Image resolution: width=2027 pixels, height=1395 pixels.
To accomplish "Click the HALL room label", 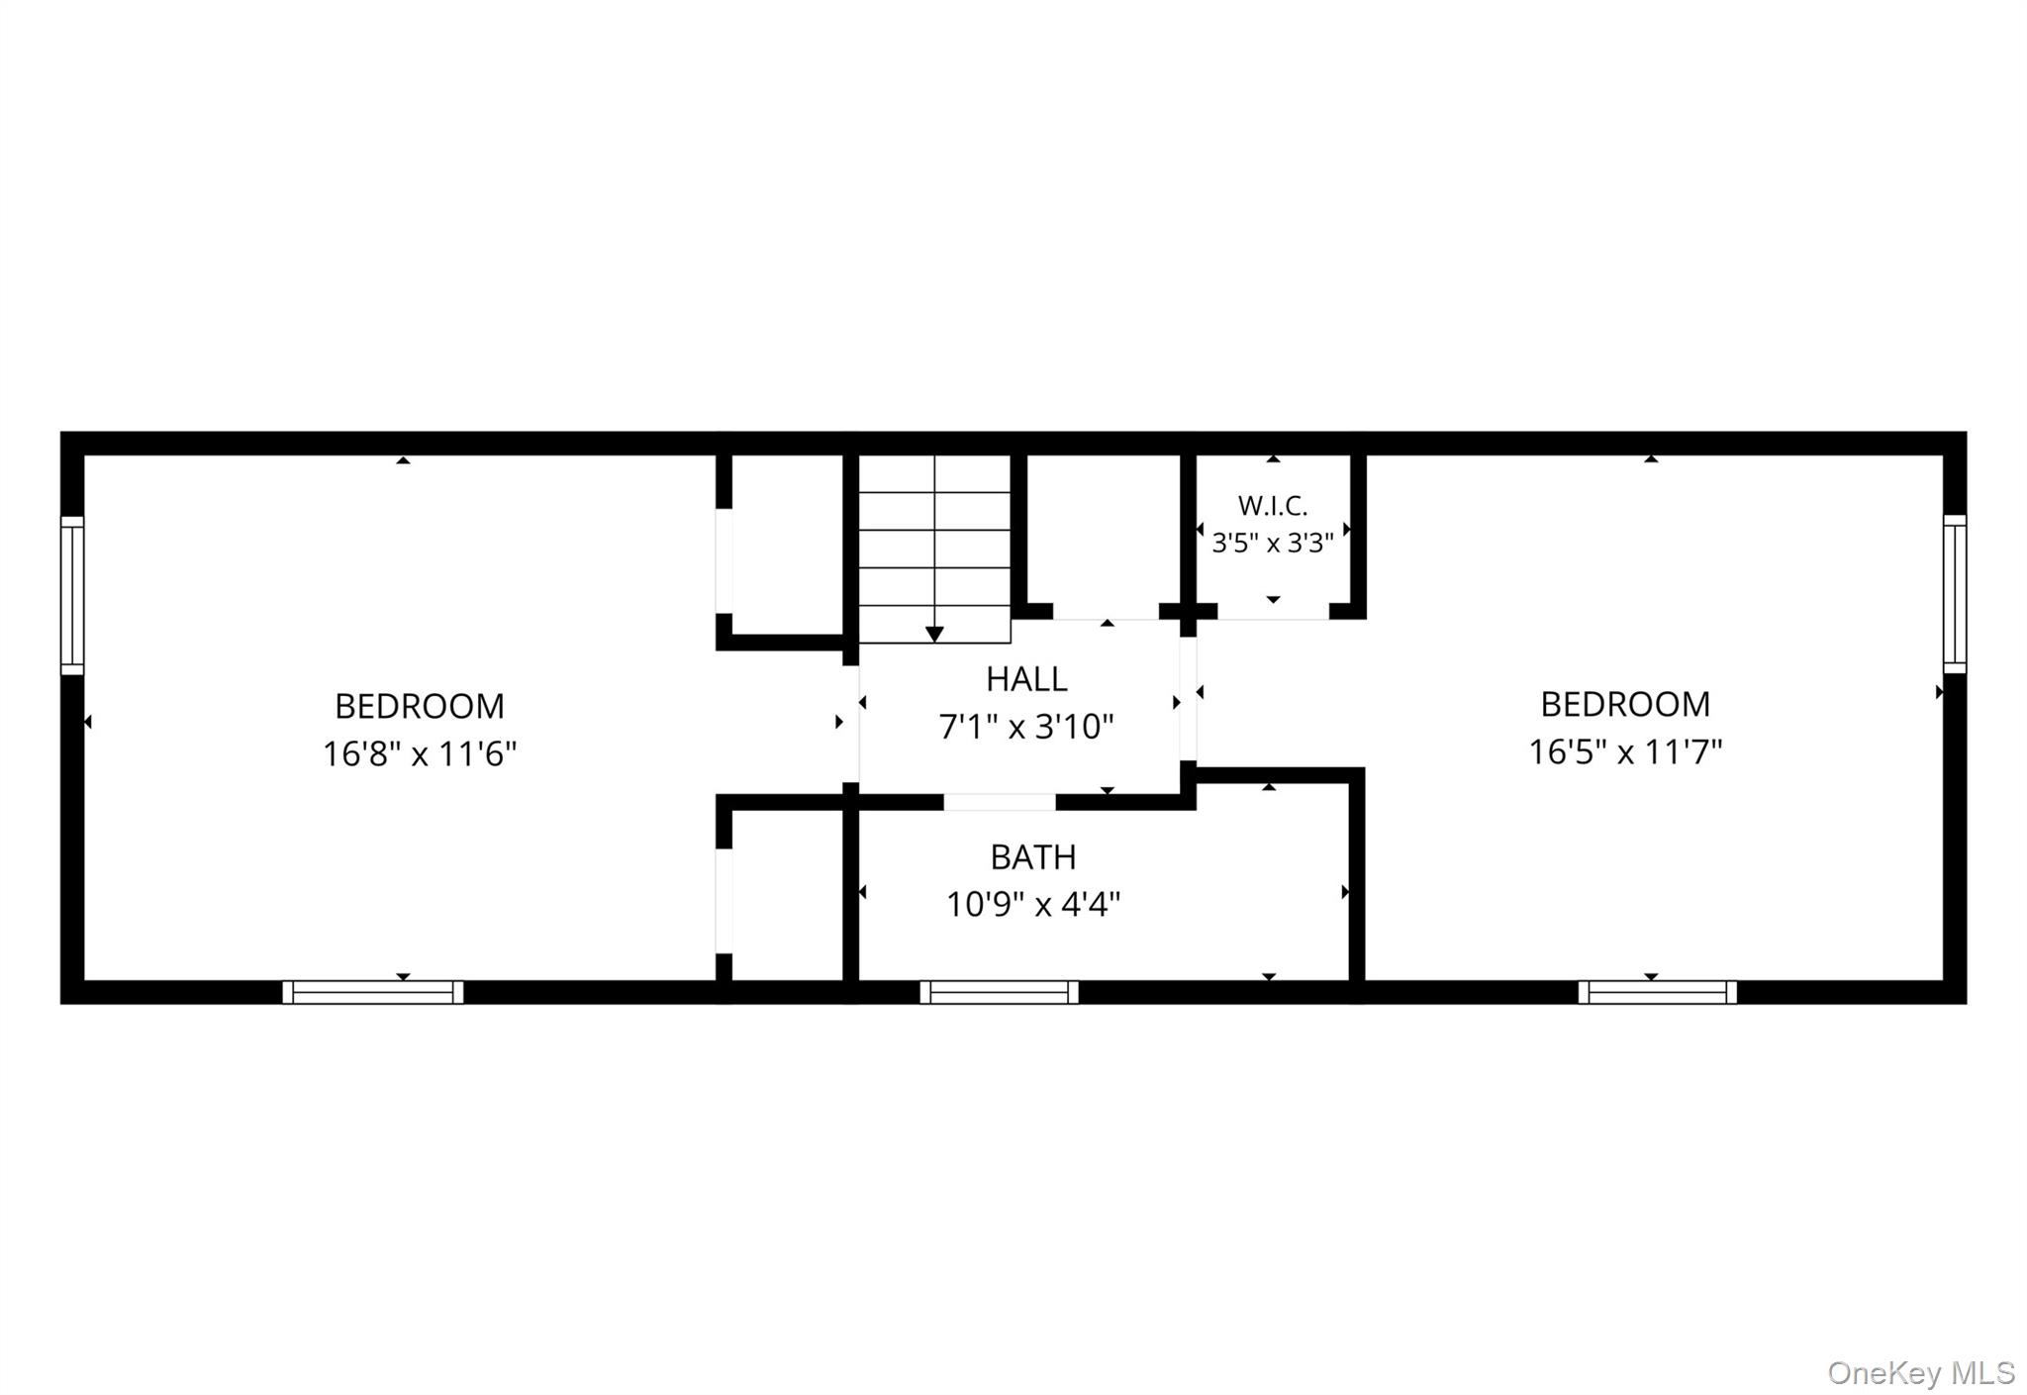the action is [1026, 679].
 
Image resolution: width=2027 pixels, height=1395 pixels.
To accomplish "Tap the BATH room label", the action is [1033, 857].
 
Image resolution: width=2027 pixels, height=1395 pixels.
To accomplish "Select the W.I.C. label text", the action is [1273, 506].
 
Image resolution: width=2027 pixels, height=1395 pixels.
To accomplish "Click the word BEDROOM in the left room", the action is [420, 707].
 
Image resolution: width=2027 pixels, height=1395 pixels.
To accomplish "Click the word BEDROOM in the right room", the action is [1625, 705].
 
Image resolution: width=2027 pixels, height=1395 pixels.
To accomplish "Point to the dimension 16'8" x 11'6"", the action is [420, 754].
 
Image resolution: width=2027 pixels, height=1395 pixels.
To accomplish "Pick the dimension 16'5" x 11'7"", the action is [1625, 752].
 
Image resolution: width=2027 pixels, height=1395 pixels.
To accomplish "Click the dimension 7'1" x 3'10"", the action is [1026, 727].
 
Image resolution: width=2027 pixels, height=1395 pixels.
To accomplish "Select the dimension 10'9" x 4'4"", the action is [1033, 904].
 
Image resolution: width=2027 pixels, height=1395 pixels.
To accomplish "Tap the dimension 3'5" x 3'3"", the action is [1273, 543].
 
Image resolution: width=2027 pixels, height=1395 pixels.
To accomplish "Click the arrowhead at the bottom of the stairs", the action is [934, 635].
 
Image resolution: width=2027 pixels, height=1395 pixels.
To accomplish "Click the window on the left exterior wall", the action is [72, 595].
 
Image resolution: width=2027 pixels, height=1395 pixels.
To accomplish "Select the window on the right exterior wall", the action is [1955, 594].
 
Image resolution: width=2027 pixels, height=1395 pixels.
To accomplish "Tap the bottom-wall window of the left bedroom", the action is [373, 992].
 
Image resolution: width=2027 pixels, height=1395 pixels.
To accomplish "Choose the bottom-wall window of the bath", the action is [1000, 992].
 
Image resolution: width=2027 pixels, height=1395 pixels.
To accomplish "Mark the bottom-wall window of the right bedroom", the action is [1658, 992].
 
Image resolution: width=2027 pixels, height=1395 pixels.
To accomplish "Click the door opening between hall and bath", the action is [1000, 802].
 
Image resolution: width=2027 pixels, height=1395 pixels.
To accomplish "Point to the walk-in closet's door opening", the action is [1273, 612].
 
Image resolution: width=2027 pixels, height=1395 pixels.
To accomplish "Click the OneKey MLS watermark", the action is [1921, 1372].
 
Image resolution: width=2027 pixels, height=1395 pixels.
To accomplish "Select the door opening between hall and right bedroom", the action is [1188, 699].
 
